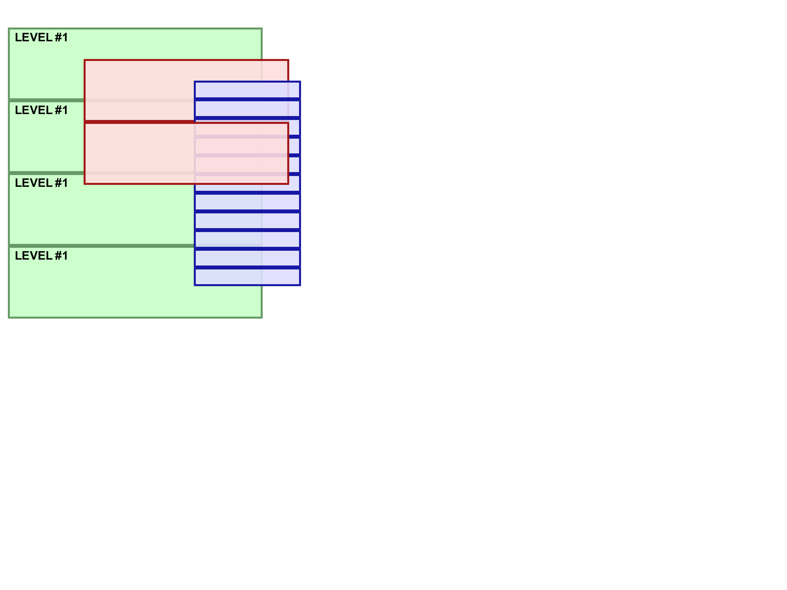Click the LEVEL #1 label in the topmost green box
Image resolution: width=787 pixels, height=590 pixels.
pos(41,37)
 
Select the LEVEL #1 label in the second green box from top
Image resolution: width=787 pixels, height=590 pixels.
pos(41,110)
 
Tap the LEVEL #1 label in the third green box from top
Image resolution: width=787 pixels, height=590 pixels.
pos(41,183)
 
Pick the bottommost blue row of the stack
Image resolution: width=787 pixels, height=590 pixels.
pos(247,276)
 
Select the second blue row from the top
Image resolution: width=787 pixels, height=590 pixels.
pos(247,109)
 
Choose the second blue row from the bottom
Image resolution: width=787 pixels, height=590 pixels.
pos(247,258)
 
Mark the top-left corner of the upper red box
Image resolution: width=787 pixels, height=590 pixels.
pos(84,60)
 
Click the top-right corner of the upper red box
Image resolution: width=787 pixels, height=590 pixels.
pos(289,60)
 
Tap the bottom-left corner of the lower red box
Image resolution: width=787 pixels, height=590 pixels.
pos(84,184)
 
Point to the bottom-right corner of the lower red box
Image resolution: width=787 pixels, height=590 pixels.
pos(289,184)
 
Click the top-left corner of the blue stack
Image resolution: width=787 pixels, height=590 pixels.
pos(194,81)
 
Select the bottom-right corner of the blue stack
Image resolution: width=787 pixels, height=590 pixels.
pos(300,285)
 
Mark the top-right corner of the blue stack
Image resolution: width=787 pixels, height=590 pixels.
pos(300,81)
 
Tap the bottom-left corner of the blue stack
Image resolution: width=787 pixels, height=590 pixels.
pos(194,285)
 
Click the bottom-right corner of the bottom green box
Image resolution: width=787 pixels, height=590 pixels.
pos(262,318)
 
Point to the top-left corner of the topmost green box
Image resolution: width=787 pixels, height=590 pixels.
pos(9,28)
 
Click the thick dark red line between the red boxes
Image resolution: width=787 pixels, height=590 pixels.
pos(139,122)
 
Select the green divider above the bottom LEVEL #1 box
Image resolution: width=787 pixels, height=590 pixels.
pos(102,246)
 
